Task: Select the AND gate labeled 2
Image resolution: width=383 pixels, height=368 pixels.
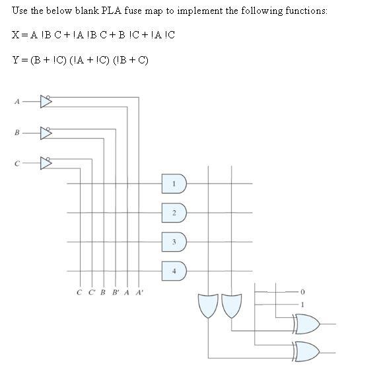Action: [x=174, y=212]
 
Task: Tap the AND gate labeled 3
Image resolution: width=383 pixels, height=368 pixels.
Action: [x=174, y=242]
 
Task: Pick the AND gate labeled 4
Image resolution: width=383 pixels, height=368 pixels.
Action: [x=174, y=271]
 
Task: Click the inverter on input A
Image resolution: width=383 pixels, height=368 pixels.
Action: [x=46, y=101]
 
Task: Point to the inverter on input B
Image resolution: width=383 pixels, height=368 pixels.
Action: [x=46, y=132]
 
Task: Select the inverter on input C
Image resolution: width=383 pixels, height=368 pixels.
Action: [x=46, y=163]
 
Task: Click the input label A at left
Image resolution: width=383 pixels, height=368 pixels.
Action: [x=17, y=102]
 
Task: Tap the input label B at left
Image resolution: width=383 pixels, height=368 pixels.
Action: [x=17, y=133]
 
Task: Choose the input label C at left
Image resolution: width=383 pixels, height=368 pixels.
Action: [x=17, y=163]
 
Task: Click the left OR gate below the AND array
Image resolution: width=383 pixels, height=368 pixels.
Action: [x=208, y=305]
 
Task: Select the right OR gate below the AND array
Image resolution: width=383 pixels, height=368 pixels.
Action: [x=231, y=305]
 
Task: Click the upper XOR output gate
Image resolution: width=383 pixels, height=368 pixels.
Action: [x=306, y=324]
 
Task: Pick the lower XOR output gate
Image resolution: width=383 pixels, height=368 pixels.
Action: [x=306, y=350]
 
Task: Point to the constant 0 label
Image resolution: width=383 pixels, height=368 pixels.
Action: [x=303, y=291]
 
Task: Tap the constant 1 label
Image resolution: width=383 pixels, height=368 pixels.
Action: [x=303, y=304]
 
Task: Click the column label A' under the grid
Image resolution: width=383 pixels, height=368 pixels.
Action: [x=139, y=291]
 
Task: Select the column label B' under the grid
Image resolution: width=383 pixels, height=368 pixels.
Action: [x=116, y=291]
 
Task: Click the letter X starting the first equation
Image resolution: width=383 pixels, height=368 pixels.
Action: [x=15, y=34]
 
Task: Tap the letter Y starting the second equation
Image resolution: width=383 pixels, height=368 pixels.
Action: [x=15, y=60]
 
